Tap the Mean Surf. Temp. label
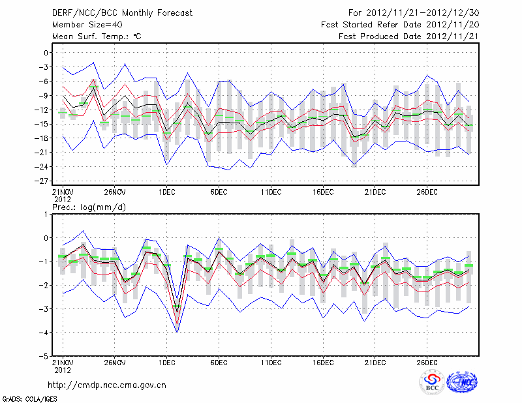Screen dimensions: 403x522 click(97, 37)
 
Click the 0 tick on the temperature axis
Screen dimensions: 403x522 click(47, 53)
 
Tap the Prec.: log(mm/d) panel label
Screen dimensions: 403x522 click(89, 207)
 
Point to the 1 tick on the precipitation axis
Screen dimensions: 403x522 click(48, 214)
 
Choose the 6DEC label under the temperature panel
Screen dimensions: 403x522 click(219, 192)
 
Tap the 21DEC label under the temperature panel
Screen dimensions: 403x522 click(375, 192)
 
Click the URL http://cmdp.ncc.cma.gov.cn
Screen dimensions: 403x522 click(107, 385)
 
